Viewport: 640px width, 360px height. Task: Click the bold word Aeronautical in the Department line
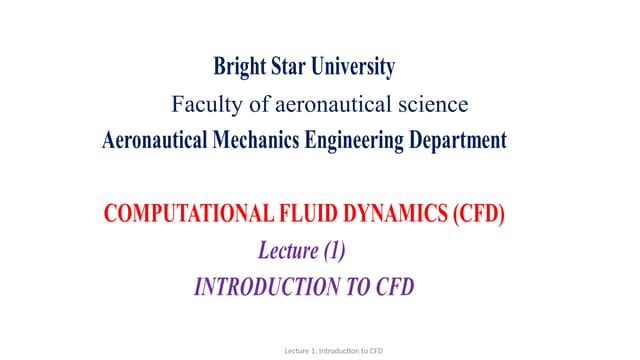(x=155, y=141)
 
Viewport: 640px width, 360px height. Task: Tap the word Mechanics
(x=256, y=141)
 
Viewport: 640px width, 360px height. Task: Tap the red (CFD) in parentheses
(x=476, y=215)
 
